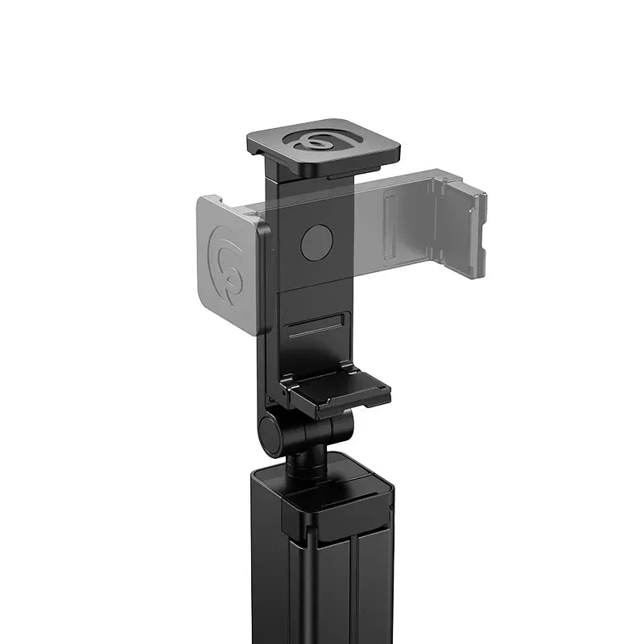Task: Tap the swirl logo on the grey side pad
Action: (x=228, y=266)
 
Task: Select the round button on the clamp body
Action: (x=316, y=242)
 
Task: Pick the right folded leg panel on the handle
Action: (x=374, y=588)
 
